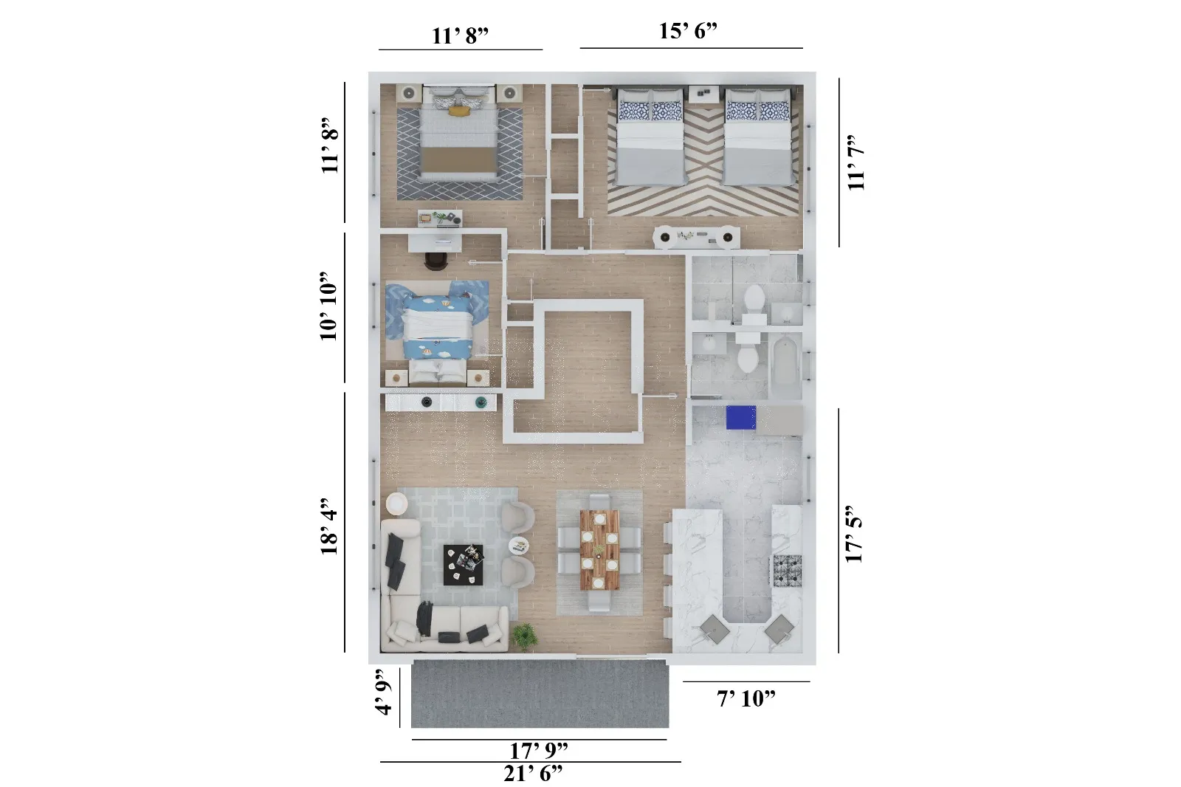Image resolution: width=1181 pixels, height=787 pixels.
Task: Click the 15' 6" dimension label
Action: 688,31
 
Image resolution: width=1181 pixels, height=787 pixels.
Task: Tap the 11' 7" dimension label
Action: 855,162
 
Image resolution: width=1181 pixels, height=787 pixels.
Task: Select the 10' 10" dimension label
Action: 329,306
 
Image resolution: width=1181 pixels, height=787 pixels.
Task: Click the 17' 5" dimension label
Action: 854,535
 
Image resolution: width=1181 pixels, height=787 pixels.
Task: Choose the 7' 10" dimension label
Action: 746,698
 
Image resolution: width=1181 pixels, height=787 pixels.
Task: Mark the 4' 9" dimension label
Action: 383,693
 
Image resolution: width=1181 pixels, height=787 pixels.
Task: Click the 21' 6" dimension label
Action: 533,774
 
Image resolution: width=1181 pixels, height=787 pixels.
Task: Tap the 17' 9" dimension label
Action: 539,751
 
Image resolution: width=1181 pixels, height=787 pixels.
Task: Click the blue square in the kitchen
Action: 740,417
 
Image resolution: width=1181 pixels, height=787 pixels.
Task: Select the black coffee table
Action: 464,565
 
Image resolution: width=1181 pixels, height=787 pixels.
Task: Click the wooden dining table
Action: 599,549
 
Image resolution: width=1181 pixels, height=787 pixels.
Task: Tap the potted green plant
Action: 525,634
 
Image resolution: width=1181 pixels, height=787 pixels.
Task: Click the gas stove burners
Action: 787,570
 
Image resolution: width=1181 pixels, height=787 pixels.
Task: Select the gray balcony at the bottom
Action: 540,694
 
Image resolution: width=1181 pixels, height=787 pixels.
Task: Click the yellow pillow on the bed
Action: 459,111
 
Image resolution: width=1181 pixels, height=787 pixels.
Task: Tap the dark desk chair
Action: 436,261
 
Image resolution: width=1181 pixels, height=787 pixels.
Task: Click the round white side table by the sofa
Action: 396,504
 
